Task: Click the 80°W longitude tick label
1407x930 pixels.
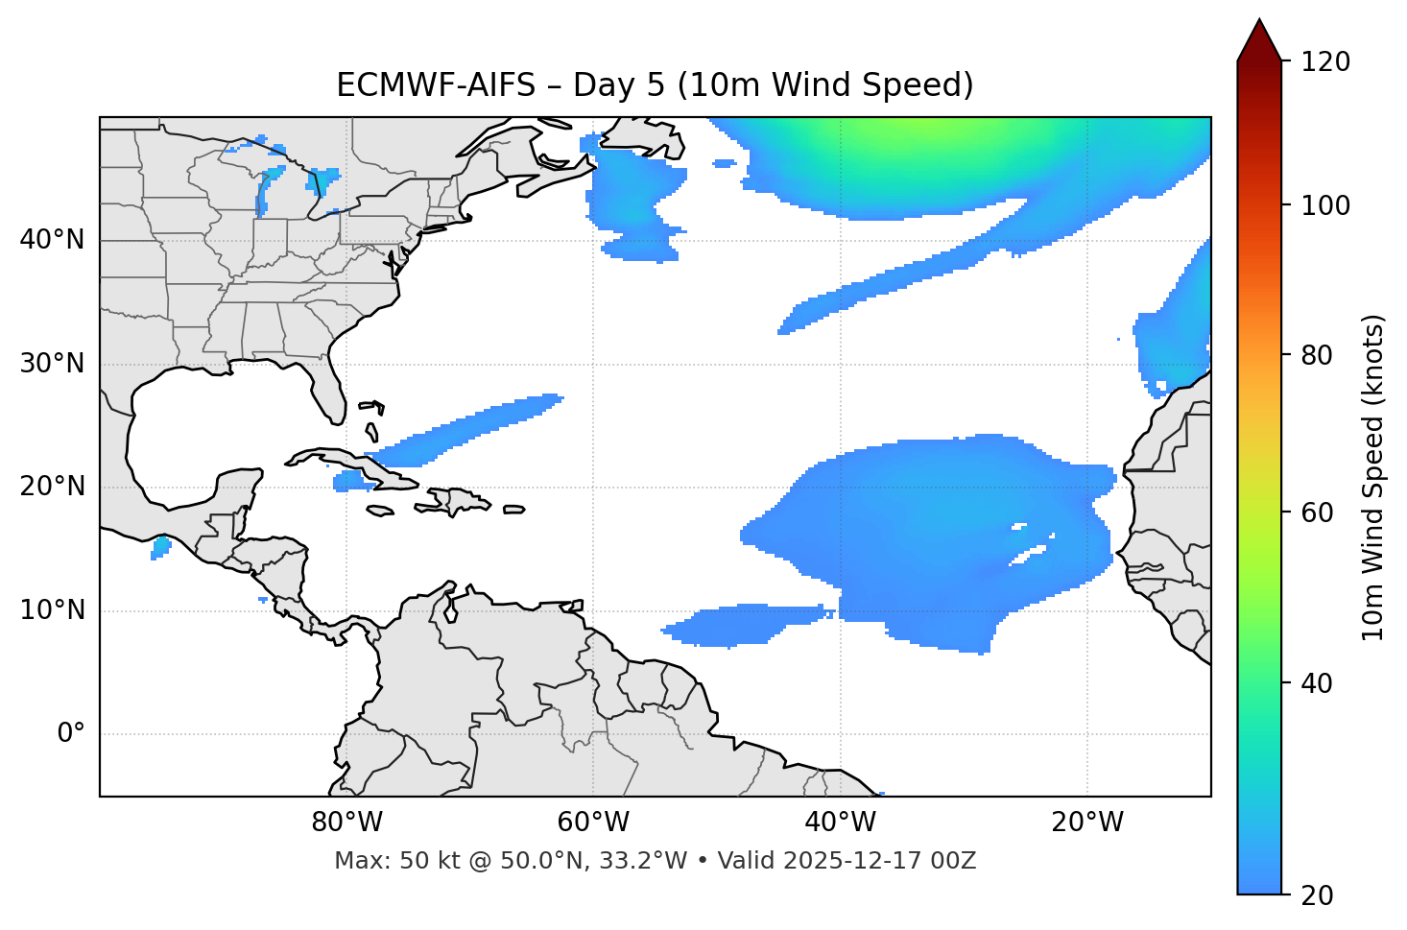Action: pos(346,823)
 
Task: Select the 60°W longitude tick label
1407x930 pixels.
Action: pos(593,823)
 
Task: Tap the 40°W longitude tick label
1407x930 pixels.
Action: pos(840,823)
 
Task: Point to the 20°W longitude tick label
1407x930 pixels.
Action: pos(1086,823)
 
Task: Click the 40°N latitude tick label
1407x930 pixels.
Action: pos(52,240)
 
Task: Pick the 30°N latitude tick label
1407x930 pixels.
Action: pos(52,364)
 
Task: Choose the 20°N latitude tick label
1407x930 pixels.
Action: pos(52,487)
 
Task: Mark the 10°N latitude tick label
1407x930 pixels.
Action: pos(52,610)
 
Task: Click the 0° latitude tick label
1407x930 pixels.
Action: pos(71,734)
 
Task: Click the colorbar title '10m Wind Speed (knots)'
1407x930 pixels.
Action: pos(1373,478)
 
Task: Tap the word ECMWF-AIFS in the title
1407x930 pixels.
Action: pos(436,85)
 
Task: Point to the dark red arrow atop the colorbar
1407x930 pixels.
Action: pos(1259,40)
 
